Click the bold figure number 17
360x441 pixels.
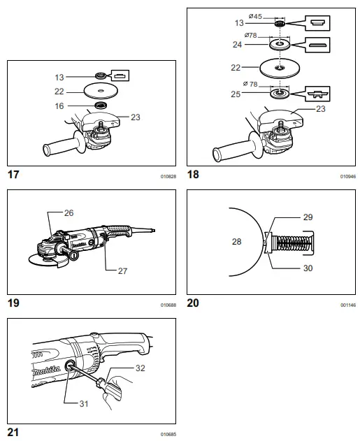click(x=13, y=174)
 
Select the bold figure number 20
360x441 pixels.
click(x=194, y=303)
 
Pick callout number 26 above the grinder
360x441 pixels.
click(x=68, y=212)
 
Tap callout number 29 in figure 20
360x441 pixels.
click(x=308, y=218)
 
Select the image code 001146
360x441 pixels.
click(x=347, y=305)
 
